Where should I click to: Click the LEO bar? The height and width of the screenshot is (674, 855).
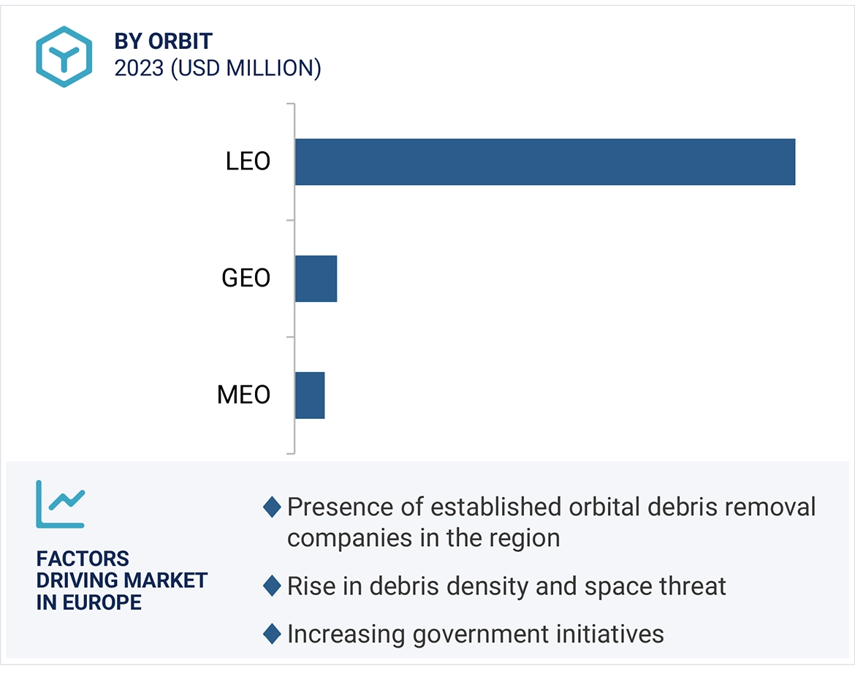[x=544, y=162]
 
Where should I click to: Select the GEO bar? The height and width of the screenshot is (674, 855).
[x=316, y=279]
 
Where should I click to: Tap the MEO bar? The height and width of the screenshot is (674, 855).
[x=309, y=395]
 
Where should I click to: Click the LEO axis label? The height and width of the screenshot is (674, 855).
[x=248, y=162]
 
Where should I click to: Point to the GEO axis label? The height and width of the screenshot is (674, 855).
[x=246, y=279]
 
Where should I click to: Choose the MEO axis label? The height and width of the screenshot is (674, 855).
[x=244, y=395]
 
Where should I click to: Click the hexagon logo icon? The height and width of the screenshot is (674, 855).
[x=64, y=57]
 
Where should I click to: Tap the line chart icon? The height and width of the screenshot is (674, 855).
[x=61, y=504]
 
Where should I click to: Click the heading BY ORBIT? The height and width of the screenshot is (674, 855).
[x=163, y=42]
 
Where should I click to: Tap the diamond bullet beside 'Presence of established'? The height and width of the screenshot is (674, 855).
[x=272, y=507]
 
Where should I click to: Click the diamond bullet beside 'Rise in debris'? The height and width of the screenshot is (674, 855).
[x=272, y=586]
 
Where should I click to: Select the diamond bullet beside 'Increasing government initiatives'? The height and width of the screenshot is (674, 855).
[x=272, y=634]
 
